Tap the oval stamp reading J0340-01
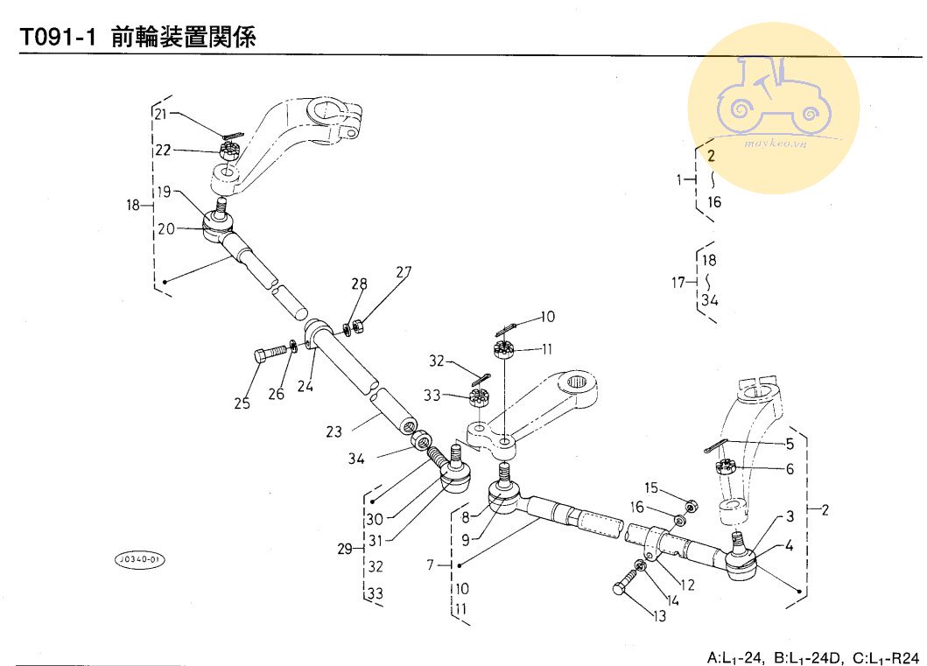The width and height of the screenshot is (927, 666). click(x=140, y=559)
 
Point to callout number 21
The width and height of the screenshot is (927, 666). click(x=160, y=115)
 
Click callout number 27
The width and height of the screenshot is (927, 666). click(x=403, y=271)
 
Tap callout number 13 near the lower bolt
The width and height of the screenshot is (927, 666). click(x=658, y=616)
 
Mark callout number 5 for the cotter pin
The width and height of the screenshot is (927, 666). click(x=790, y=444)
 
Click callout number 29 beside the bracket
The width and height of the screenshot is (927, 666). click(x=346, y=549)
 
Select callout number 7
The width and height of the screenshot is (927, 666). click(x=431, y=565)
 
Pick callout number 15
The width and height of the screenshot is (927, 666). click(x=650, y=487)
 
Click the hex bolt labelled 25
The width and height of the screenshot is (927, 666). click(x=270, y=354)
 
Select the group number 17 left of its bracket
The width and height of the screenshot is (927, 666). click(x=678, y=282)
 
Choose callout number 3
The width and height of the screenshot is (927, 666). click(x=790, y=515)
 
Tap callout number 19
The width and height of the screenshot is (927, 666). click(x=164, y=192)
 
